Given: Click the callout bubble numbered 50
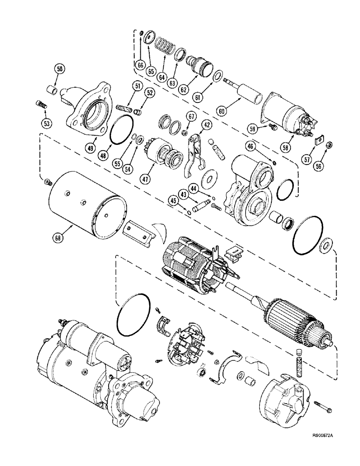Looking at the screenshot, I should (60, 69).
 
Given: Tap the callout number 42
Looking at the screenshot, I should (207, 124).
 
